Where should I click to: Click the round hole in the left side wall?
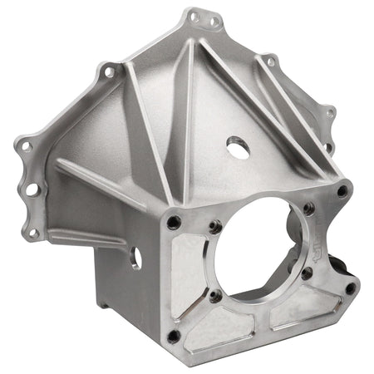coord(135,258)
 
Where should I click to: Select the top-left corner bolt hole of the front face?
coord(174,222)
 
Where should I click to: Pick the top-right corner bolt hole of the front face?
coord(342,191)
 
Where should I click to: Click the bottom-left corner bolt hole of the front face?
coord(173,336)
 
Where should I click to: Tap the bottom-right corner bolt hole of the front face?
coord(350,288)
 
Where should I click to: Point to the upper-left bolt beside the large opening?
coord(214,225)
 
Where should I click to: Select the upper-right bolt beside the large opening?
coord(308,209)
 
